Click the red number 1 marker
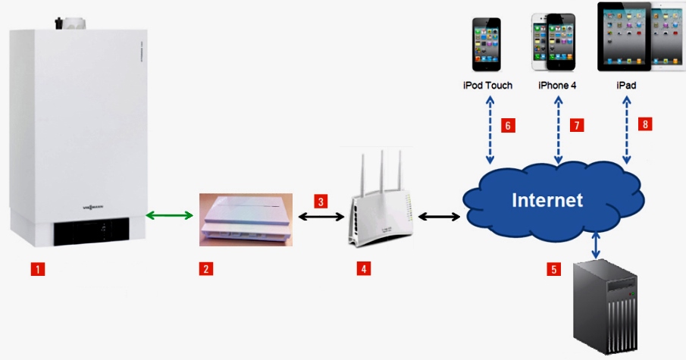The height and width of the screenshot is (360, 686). (x=36, y=268)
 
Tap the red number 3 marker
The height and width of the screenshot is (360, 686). (x=321, y=202)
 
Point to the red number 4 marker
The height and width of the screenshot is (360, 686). (x=365, y=268)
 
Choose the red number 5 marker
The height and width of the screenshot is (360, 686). (x=555, y=268)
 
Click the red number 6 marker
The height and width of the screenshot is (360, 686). (x=509, y=126)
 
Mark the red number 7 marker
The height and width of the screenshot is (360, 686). (x=578, y=126)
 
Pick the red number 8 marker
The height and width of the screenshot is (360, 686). (x=646, y=124)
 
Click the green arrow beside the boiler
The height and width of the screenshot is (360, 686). (x=169, y=217)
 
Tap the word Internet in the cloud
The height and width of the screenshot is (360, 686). (x=547, y=200)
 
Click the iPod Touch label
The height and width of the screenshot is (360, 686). (x=487, y=86)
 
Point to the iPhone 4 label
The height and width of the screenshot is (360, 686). (x=557, y=86)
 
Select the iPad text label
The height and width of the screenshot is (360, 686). (x=626, y=86)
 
